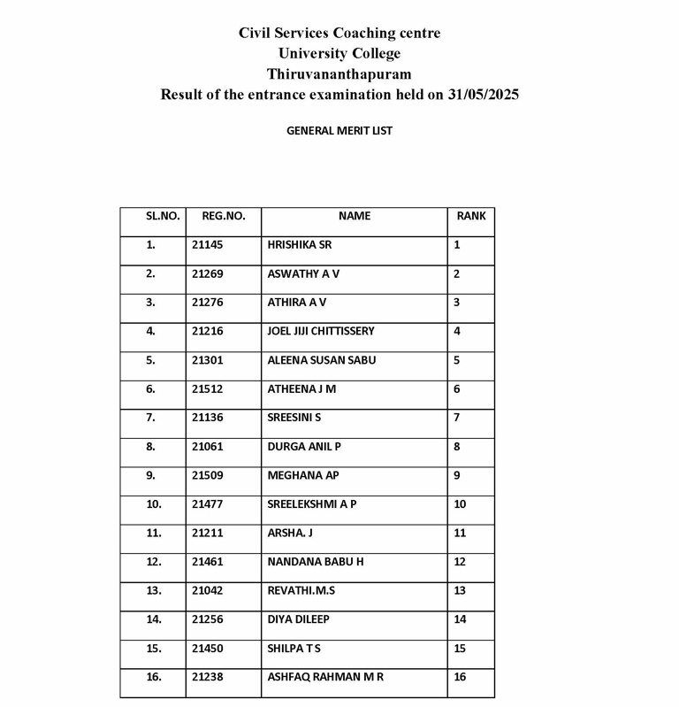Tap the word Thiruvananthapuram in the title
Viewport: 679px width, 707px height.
(339, 74)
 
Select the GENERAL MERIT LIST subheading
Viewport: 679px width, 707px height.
(339, 131)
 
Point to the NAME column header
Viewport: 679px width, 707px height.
(355, 216)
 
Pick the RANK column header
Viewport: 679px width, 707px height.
(471, 216)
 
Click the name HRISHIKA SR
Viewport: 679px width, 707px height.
(299, 245)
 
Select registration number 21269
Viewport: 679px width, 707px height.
(207, 274)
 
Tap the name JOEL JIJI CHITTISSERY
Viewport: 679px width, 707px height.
(321, 332)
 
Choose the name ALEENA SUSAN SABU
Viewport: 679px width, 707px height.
(321, 360)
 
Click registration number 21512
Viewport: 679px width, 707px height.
(207, 389)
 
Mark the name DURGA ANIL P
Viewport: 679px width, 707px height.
(304, 447)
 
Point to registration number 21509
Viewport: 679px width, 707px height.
(207, 475)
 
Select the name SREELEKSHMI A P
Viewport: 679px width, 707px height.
(312, 504)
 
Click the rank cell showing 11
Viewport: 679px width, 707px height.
(460, 534)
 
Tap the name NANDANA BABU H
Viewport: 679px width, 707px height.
(316, 562)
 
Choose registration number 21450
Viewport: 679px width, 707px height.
(207, 649)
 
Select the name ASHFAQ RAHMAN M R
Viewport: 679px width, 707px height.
(325, 677)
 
